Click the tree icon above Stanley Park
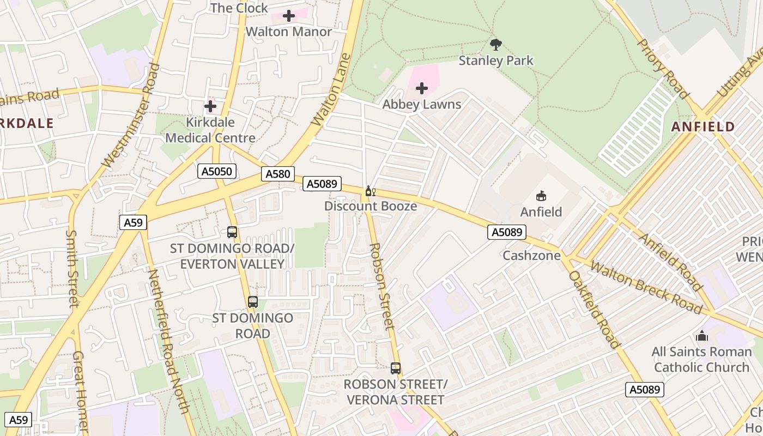point(495,44)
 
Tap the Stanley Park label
point(496,60)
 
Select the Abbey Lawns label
point(422,104)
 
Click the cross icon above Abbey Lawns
point(422,88)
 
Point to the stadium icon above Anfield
point(541,196)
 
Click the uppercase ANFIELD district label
point(703,127)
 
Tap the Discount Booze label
point(371,206)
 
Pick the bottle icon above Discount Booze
point(370,191)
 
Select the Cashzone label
point(531,255)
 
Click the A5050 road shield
point(217,172)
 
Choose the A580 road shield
point(278,174)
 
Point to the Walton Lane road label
point(331,89)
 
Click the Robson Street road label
point(381,286)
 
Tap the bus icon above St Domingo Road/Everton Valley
point(232,232)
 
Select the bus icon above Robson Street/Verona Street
point(396,368)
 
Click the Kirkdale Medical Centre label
point(210,130)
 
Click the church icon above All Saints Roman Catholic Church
point(702,336)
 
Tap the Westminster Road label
point(131,114)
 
